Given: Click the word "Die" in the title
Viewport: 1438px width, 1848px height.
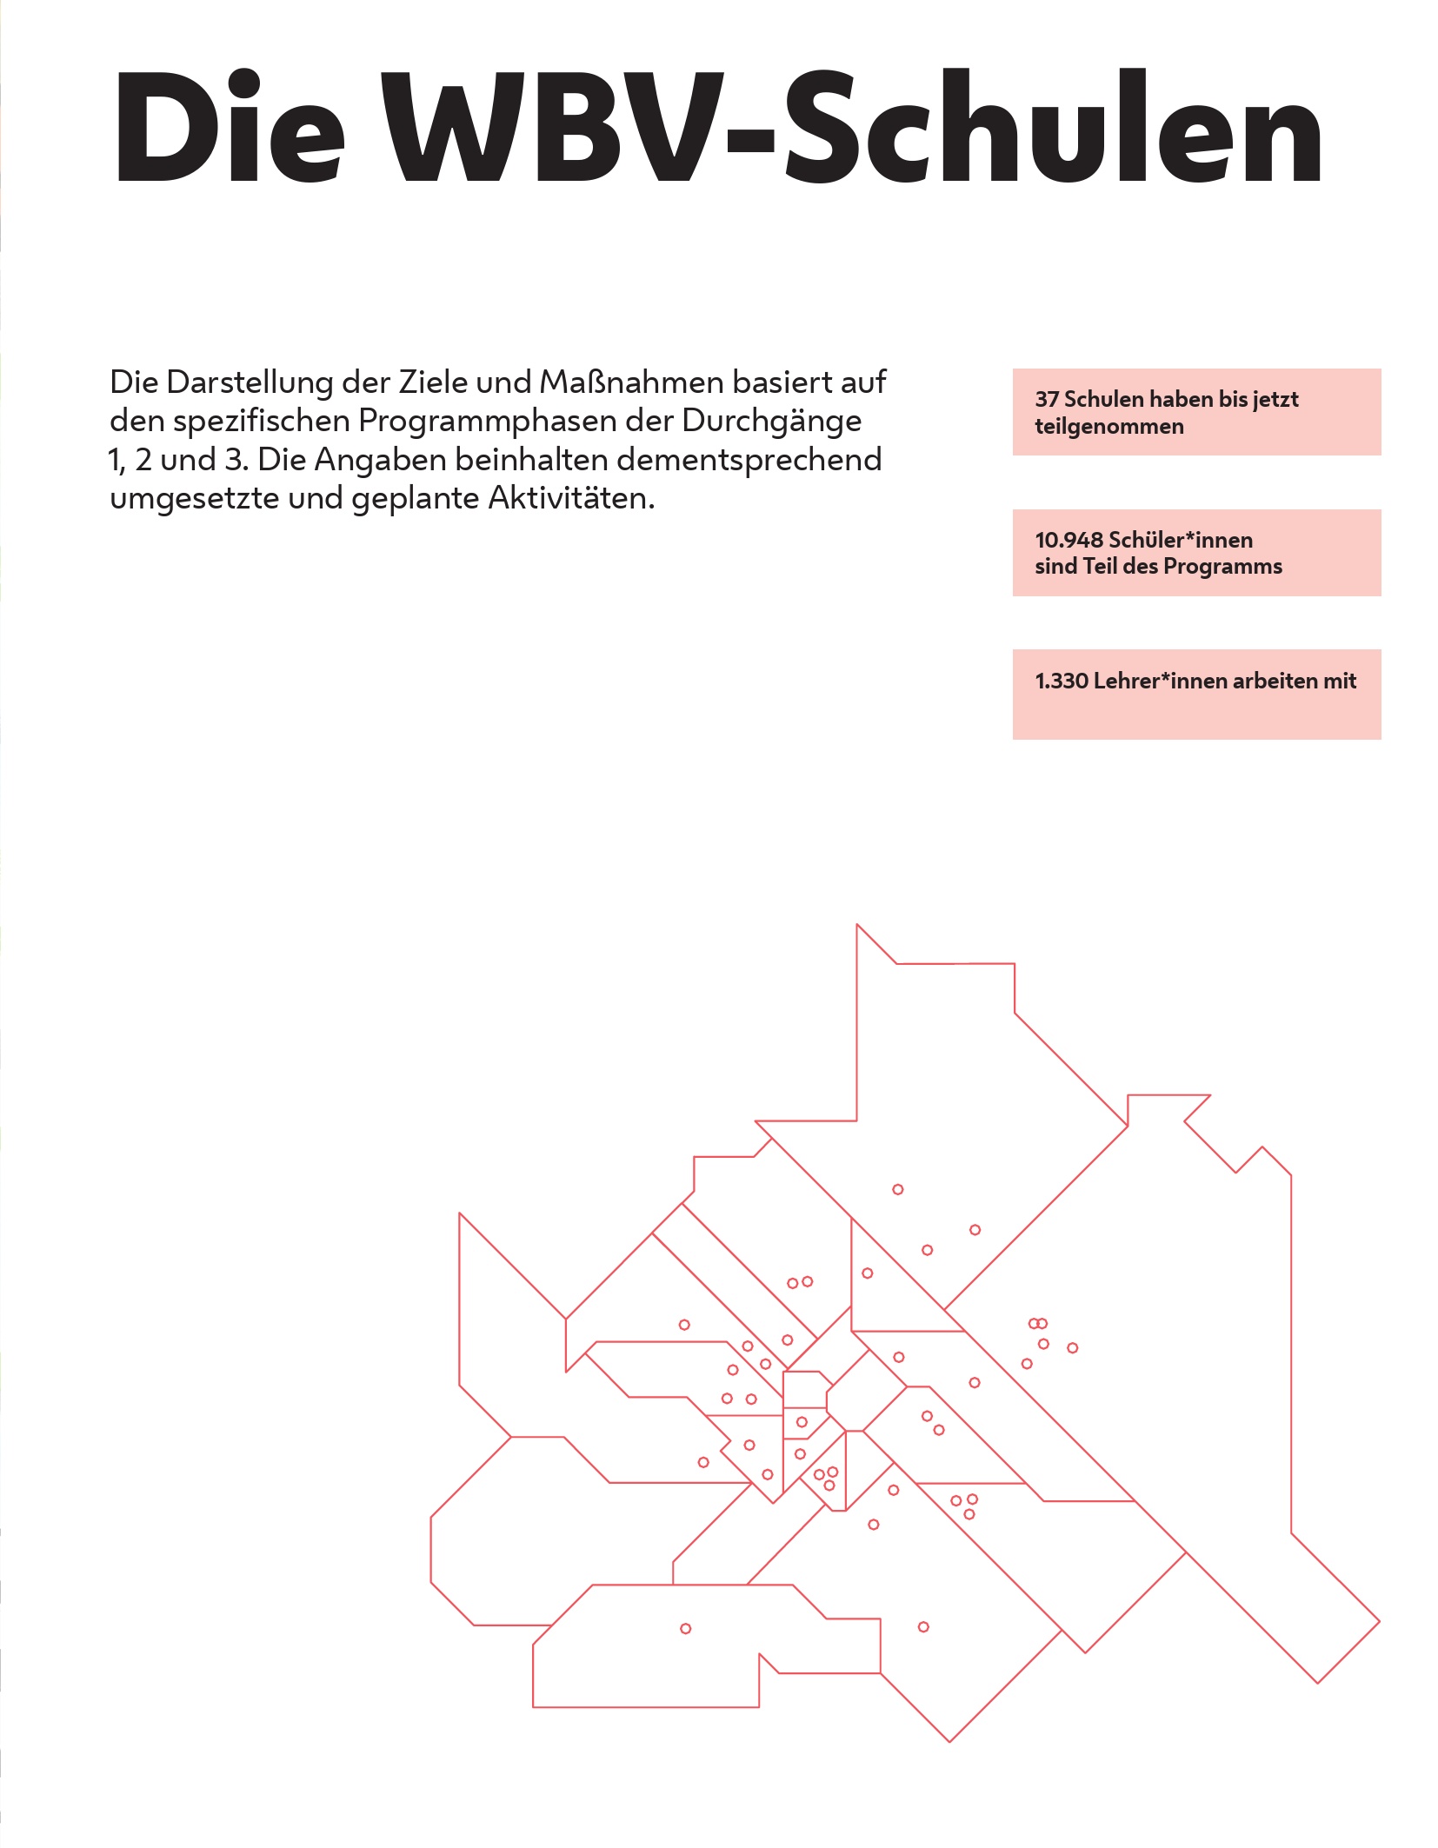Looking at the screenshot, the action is (230, 127).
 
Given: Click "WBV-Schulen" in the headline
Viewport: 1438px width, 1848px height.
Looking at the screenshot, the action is (852, 127).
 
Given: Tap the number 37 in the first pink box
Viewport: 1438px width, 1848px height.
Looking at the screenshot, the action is (1047, 399).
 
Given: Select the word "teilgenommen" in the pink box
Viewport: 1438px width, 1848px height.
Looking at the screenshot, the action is (1109, 427).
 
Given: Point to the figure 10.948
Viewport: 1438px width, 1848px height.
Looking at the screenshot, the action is (1069, 540).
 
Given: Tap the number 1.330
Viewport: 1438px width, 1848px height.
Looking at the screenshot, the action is (1062, 681).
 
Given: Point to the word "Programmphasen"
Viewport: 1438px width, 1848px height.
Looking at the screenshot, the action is (487, 422).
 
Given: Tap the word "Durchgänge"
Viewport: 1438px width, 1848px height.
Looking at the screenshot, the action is (772, 422).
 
